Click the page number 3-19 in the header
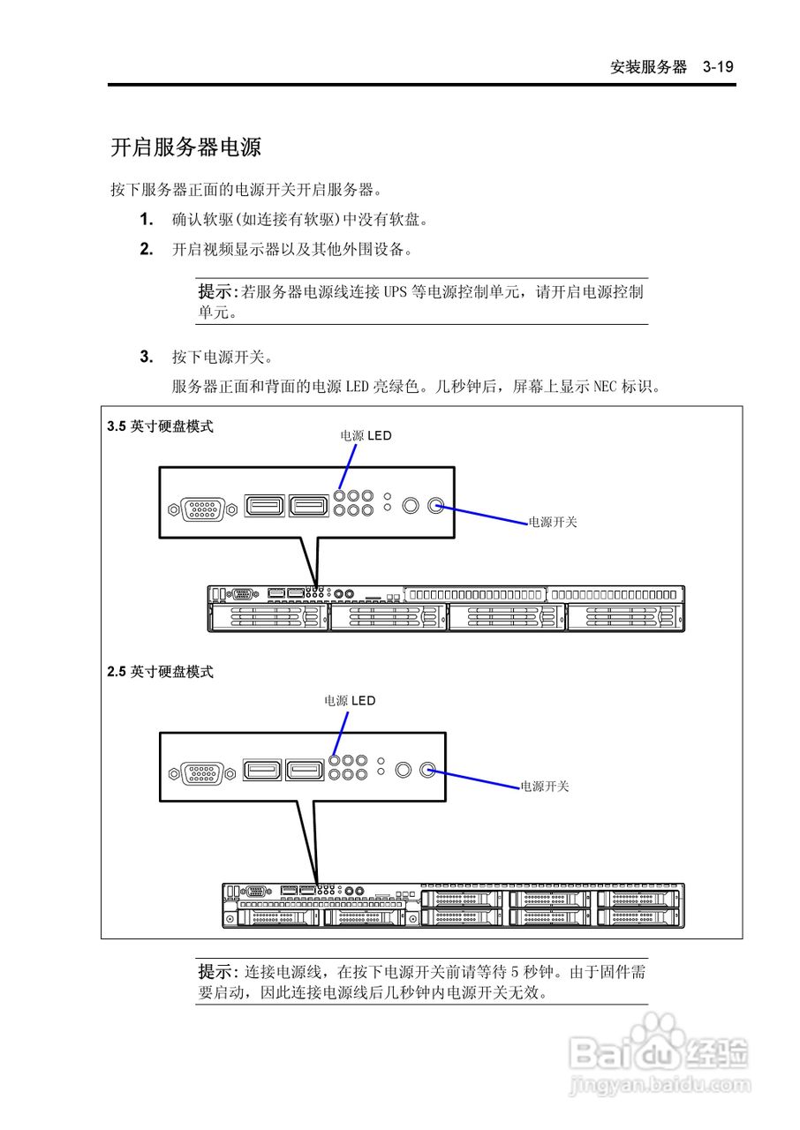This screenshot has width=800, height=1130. (x=719, y=67)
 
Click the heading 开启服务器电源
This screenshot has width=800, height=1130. (x=185, y=147)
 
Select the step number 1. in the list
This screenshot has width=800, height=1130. (x=147, y=219)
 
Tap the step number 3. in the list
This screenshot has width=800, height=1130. (x=147, y=357)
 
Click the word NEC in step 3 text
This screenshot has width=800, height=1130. (x=606, y=386)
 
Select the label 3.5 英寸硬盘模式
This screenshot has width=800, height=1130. (x=160, y=426)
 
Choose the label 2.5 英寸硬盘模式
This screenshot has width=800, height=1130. (x=160, y=672)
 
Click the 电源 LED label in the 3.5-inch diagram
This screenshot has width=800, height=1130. (x=366, y=435)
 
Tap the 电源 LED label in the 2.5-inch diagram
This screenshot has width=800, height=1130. (x=350, y=701)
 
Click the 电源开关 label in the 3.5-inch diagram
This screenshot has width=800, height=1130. (x=553, y=522)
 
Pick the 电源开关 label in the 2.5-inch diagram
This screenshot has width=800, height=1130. (x=545, y=786)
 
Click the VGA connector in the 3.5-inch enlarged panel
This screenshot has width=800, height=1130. (x=201, y=508)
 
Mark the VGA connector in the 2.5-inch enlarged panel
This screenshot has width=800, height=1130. (x=201, y=773)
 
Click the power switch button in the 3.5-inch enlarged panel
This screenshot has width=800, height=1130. (x=435, y=506)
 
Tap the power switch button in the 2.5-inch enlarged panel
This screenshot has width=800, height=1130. (x=428, y=770)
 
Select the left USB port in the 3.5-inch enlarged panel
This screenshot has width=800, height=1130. (x=264, y=506)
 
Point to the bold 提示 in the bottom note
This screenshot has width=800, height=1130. (x=214, y=972)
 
